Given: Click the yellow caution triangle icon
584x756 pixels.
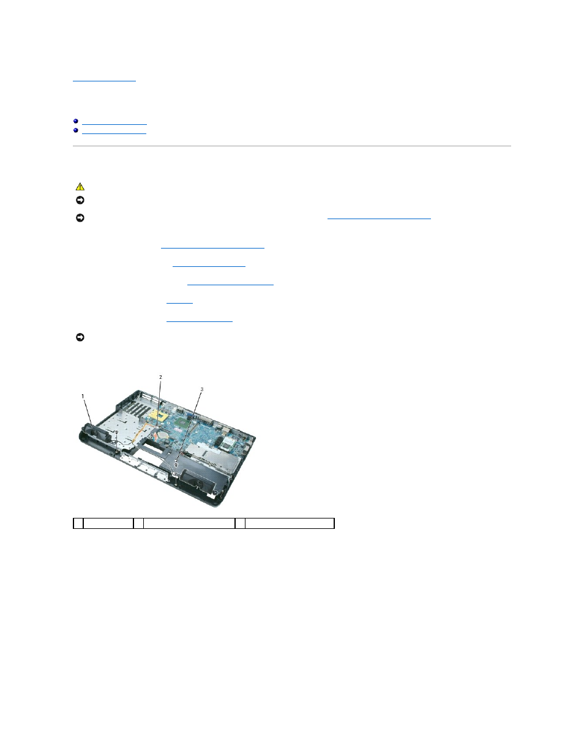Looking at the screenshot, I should coord(80,187).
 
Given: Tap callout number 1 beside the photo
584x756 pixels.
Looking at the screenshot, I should coord(83,396).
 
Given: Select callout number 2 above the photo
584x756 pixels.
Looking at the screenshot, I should coord(160,377).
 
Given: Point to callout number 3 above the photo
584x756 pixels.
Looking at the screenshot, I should coord(202,389).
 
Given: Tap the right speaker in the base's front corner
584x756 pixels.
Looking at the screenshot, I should coord(199,481).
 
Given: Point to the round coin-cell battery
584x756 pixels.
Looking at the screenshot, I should coord(163,435).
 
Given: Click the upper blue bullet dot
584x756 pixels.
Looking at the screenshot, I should coord(76,121).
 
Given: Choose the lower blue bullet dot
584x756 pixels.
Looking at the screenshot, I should coord(76,130).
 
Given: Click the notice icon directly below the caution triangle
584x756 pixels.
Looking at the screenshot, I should coord(80,200).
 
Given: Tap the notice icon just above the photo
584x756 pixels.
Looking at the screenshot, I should coord(80,337).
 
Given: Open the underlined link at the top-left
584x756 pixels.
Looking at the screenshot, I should coord(104,79).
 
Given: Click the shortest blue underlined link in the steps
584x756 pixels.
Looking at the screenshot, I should coord(179,302).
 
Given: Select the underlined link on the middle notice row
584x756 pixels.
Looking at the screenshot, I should coord(379,217).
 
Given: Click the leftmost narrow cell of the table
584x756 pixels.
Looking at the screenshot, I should coord(78,523).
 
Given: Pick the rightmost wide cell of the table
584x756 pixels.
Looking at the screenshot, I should coord(290,523).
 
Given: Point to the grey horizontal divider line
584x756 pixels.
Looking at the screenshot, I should coord(291,146).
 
